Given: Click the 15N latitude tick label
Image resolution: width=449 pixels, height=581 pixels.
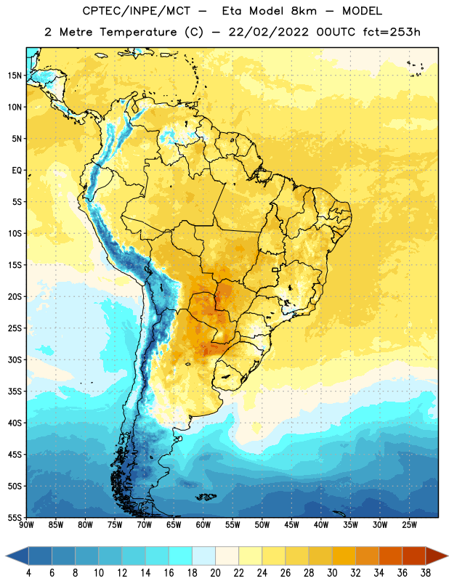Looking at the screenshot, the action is pyautogui.click(x=15, y=76).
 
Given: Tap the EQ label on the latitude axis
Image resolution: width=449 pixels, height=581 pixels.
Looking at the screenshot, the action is pyautogui.click(x=17, y=171).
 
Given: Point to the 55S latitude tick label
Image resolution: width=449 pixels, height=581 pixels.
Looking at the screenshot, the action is pyautogui.click(x=15, y=518).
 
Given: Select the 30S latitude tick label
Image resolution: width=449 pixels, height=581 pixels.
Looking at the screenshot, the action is pyautogui.click(x=15, y=359).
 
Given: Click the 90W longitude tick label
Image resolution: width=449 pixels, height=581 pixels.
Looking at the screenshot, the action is pyautogui.click(x=26, y=525).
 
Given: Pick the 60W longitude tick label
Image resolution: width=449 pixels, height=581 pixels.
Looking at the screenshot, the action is pyautogui.click(x=203, y=525).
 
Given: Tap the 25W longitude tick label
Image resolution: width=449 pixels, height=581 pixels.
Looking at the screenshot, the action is pyautogui.click(x=409, y=525).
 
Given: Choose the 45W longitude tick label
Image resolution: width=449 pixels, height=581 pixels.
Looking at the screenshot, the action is pyautogui.click(x=291, y=525).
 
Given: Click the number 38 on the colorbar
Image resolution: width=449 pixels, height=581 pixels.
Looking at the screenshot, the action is pyautogui.click(x=425, y=573).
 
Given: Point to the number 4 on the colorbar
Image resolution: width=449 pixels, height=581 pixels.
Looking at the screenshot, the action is pyautogui.click(x=28, y=573).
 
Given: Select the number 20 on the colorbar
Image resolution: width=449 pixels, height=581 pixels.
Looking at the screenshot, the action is pyautogui.click(x=215, y=573).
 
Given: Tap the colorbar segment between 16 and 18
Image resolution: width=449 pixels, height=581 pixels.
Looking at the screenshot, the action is pyautogui.click(x=181, y=556).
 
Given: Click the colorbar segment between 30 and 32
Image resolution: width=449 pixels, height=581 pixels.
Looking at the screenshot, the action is pyautogui.click(x=344, y=556).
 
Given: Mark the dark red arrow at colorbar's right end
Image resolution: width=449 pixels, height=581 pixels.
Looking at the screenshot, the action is pyautogui.click(x=436, y=556).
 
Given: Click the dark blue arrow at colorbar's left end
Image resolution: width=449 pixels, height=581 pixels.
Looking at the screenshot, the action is pyautogui.click(x=17, y=556).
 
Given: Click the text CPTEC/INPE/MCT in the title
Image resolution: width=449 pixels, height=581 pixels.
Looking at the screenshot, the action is pyautogui.click(x=136, y=11).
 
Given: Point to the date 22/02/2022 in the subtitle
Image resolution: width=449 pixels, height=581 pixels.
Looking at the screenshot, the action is pyautogui.click(x=268, y=32).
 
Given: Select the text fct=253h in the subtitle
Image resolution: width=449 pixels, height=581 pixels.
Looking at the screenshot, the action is pyautogui.click(x=392, y=32).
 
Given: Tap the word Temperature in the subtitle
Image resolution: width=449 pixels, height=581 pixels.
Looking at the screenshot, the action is pyautogui.click(x=138, y=32).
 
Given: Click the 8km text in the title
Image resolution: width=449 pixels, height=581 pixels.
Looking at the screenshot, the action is pyautogui.click(x=304, y=11).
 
